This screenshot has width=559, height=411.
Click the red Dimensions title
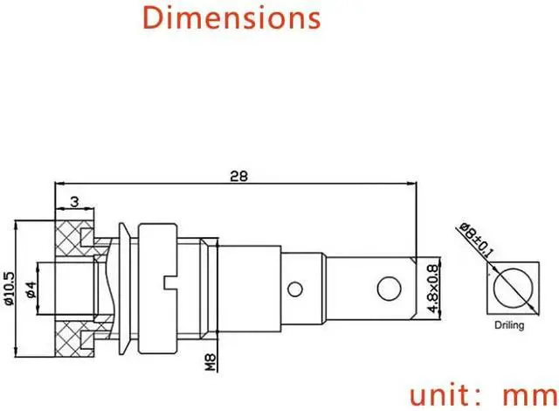click(x=231, y=17)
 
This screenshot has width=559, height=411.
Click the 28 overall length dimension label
click(x=238, y=176)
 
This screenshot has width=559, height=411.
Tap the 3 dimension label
click(x=74, y=202)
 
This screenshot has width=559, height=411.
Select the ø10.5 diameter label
click(x=9, y=289)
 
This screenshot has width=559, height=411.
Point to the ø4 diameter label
click(x=31, y=289)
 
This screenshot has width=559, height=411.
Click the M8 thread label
click(x=210, y=362)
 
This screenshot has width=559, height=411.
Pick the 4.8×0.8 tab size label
click(x=432, y=289)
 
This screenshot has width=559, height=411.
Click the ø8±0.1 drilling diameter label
click(x=476, y=240)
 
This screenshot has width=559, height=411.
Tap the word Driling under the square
click(x=509, y=325)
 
